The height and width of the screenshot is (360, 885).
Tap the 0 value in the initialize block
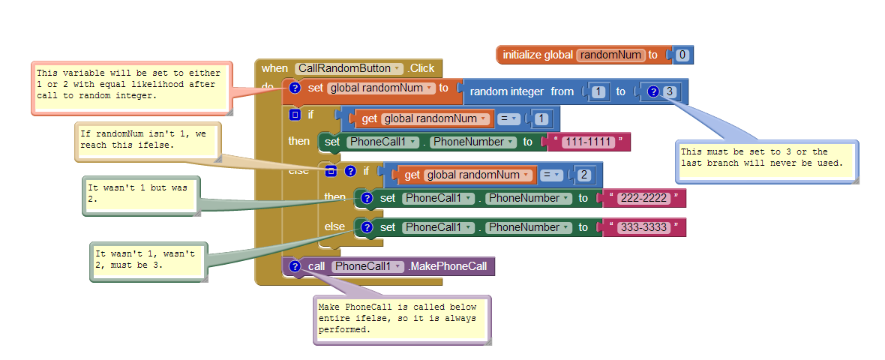pyautogui.click(x=682, y=55)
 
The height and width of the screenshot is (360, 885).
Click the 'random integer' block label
pyautogui.click(x=506, y=91)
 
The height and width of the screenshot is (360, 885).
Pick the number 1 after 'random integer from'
pyautogui.click(x=598, y=91)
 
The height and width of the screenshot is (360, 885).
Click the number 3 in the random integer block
pyautogui.click(x=670, y=91)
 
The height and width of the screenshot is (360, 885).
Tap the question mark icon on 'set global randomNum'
pyautogui.click(x=295, y=88)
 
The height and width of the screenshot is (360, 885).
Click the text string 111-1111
pyautogui.click(x=589, y=142)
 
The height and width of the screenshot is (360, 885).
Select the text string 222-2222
pyautogui.click(x=642, y=198)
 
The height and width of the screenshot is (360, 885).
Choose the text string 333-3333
pyautogui.click(x=643, y=227)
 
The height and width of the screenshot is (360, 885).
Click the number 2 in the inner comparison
pyautogui.click(x=582, y=175)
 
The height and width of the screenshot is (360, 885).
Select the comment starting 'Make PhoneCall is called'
pyautogui.click(x=401, y=318)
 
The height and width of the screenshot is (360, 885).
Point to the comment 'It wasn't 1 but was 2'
pyautogui.click(x=141, y=193)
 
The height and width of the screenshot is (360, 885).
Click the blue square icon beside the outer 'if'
pyautogui.click(x=295, y=115)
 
